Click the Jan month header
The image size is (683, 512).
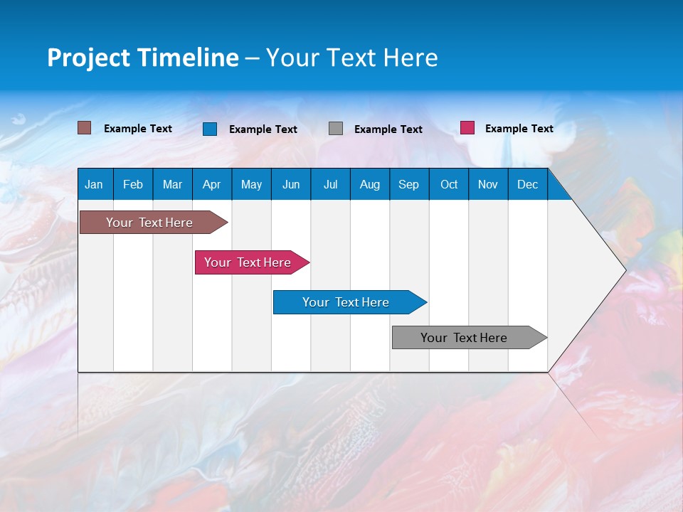coord(94,184)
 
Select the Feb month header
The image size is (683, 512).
coord(133,184)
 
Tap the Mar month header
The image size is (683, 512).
coord(172,184)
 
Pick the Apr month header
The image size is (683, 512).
coord(211,184)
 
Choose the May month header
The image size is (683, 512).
coord(251,184)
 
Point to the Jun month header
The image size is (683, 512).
coord(291,184)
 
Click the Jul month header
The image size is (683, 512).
coord(330,184)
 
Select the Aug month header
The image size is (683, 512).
coord(370,184)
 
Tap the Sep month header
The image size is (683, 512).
coord(408,184)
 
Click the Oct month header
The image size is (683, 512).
coord(449,184)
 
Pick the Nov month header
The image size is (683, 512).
coord(488,184)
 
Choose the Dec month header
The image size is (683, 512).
coord(528,184)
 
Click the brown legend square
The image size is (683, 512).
coord(85,128)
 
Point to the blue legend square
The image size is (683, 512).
coord(210,129)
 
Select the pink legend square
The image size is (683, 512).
coord(467,128)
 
